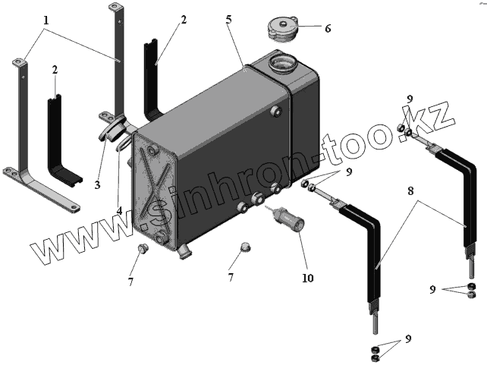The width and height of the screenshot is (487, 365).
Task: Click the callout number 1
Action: pos(47,20)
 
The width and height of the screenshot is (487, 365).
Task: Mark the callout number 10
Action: pos(307,278)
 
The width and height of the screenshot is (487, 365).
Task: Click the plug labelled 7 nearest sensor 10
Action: pos(245,247)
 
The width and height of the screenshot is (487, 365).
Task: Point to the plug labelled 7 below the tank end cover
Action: pos(143,250)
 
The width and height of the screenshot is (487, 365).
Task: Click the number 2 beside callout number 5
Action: pos(183,21)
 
